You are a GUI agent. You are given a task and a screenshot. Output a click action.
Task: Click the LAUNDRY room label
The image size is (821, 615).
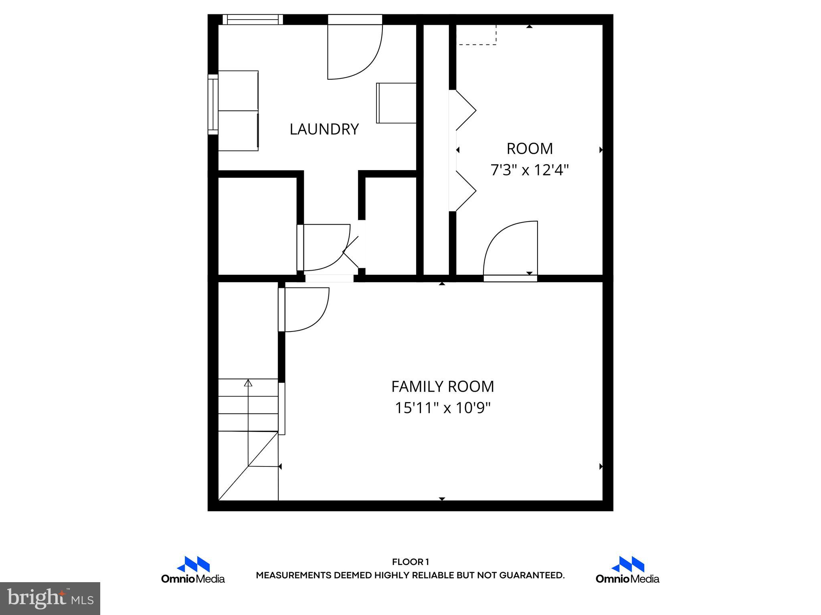click(x=324, y=129)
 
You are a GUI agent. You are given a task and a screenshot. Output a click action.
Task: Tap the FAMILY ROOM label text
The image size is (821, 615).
click(x=442, y=387)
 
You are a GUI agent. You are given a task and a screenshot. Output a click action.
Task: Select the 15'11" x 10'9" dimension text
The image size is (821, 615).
click(x=443, y=408)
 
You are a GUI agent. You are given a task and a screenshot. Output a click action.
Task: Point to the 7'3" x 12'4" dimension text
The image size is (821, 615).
click(x=530, y=171)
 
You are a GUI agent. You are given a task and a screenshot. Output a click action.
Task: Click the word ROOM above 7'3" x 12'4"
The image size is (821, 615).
click(x=530, y=149)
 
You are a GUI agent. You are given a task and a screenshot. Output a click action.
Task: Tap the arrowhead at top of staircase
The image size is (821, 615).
click(x=248, y=383)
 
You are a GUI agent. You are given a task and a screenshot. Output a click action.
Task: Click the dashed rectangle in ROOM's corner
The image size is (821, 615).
click(x=477, y=35)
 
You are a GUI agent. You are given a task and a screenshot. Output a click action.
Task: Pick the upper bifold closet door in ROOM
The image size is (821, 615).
click(x=465, y=110)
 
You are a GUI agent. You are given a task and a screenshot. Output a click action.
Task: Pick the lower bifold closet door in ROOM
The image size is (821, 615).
click(x=465, y=191)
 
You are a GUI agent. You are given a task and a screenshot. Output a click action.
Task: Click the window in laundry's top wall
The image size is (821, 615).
click(x=253, y=19)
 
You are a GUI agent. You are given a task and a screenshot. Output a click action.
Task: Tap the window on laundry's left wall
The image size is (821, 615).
click(x=213, y=104)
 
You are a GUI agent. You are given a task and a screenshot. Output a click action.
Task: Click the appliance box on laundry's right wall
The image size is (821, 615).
click(x=396, y=103)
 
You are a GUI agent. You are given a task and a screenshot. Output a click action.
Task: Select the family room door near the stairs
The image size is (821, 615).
click(x=305, y=309)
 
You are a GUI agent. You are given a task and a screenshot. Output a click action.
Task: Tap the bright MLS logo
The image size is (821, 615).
click(x=50, y=599)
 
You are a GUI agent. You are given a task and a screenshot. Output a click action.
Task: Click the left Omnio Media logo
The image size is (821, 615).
click(x=193, y=570)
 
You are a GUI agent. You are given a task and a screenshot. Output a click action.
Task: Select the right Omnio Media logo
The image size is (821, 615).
click(x=627, y=570)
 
